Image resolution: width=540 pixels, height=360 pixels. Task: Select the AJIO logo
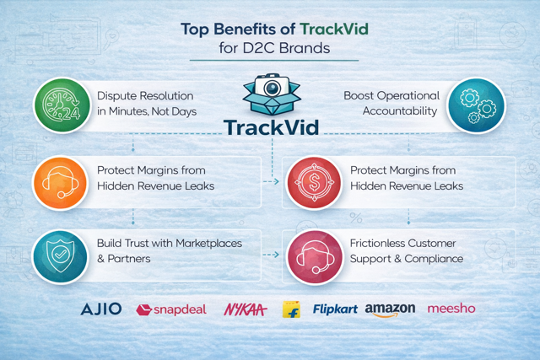pos(101,309)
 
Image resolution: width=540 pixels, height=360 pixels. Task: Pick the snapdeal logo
pos(171,309)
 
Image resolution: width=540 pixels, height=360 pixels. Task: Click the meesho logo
pos(451,309)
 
